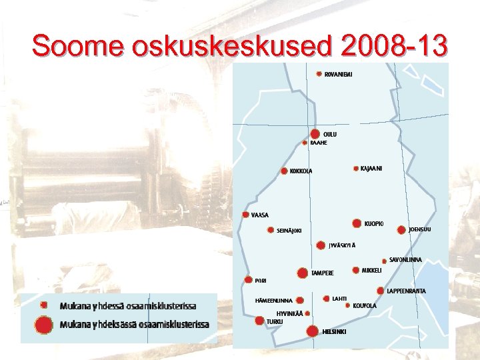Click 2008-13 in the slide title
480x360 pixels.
393,47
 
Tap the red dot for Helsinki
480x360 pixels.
311,331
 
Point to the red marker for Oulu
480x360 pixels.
315,134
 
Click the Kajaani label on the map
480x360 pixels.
371,168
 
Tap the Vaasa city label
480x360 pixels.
260,215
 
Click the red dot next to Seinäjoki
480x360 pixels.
270,231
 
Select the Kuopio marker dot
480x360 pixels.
357,223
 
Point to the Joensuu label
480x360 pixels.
420,230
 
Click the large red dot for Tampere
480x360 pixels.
303,273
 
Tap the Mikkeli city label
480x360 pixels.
371,270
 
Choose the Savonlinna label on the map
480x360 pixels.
405,259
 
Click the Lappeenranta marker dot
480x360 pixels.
381,291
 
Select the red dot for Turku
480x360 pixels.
260,321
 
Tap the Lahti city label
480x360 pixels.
339,299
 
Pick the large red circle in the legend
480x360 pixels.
44,325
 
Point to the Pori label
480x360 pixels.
260,281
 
